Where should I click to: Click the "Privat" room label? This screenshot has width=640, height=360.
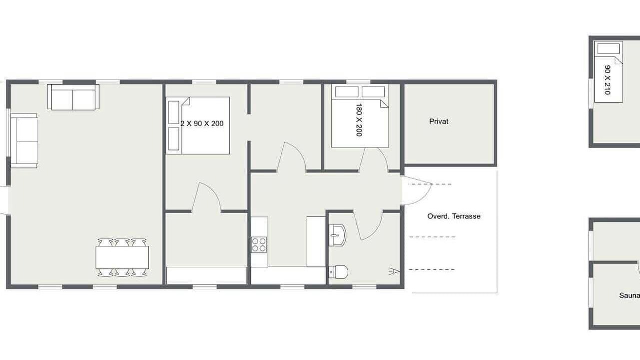[x=439, y=121]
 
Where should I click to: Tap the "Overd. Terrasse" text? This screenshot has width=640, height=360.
[x=454, y=216]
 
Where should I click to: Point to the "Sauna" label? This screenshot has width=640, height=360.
[x=629, y=295]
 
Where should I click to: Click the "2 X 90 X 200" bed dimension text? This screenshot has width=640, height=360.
[x=202, y=123]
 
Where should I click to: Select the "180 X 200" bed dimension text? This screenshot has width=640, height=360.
[x=359, y=120]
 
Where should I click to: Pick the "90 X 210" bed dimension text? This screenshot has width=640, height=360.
[x=607, y=80]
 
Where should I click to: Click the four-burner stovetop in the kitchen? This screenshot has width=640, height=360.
[x=259, y=245]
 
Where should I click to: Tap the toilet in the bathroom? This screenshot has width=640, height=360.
[x=338, y=272]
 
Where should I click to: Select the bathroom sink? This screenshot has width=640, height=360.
[x=337, y=235]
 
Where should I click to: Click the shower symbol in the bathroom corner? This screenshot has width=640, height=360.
[x=393, y=271]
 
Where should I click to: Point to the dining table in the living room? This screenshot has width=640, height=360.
[x=122, y=257]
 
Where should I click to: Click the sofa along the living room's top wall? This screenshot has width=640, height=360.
[x=73, y=97]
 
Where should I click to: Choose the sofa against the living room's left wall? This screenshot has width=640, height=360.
[x=24, y=141]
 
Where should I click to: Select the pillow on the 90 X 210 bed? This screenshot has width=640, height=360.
[x=609, y=49]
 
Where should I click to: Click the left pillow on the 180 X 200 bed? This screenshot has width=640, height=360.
[x=347, y=92]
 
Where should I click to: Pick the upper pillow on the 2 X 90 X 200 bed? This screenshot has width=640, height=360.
[x=173, y=112]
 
